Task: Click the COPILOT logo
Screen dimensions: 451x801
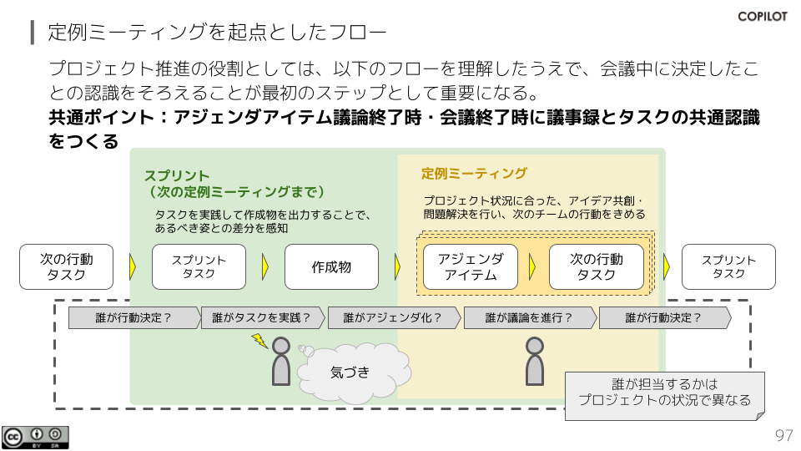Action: click(x=762, y=16)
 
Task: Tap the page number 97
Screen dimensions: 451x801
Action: click(x=783, y=436)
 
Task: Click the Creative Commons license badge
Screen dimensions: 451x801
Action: click(x=35, y=437)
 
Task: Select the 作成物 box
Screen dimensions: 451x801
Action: click(x=331, y=266)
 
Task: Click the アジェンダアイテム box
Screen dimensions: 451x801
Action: click(x=470, y=266)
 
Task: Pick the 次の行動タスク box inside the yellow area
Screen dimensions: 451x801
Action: click(x=596, y=266)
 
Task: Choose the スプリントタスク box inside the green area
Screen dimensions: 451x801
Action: click(x=199, y=266)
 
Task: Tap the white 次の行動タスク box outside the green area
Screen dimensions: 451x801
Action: click(x=66, y=266)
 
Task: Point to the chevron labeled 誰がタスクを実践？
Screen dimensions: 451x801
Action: click(x=262, y=317)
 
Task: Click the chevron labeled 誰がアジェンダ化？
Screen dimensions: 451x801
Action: click(x=393, y=317)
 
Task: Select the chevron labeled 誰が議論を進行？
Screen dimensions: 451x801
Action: click(x=529, y=317)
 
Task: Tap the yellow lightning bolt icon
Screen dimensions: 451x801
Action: click(x=259, y=341)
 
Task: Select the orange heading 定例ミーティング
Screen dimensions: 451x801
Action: click(x=474, y=174)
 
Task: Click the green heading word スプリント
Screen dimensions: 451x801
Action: click(x=177, y=175)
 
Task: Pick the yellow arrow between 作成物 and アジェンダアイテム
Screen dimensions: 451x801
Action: click(x=397, y=266)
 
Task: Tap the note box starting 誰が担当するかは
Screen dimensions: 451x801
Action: click(x=664, y=393)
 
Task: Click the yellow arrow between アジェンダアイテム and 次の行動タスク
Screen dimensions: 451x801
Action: click(x=532, y=266)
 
